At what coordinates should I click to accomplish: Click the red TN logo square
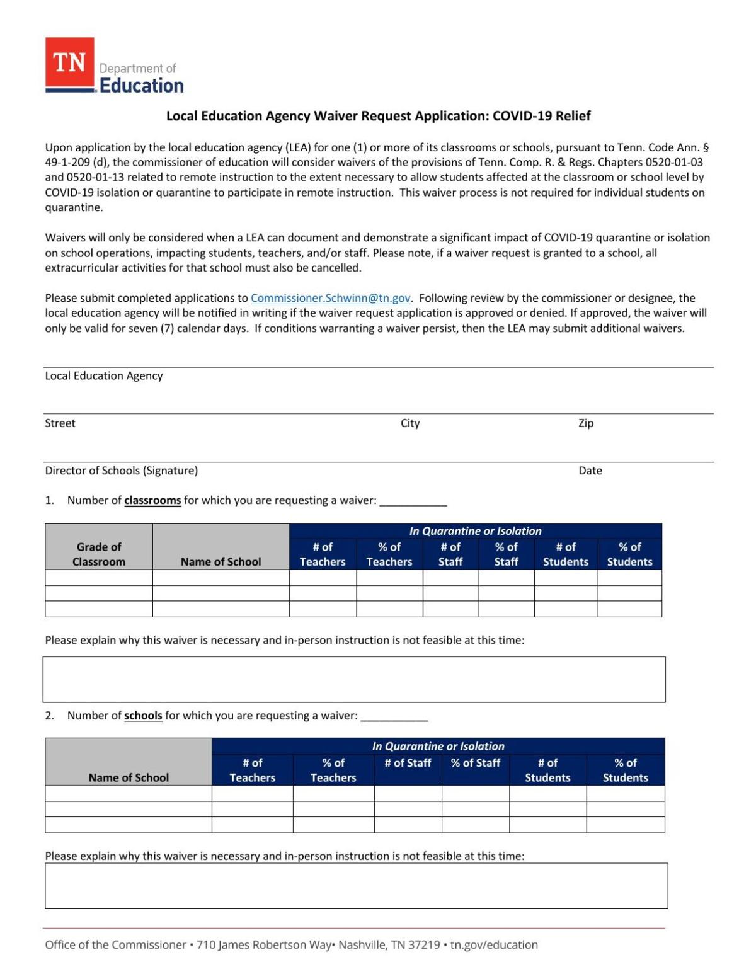[x=69, y=62]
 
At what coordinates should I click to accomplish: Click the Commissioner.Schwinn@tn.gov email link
[x=330, y=298]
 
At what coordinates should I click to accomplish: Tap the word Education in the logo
[x=142, y=86]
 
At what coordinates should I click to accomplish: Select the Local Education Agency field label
[x=104, y=376]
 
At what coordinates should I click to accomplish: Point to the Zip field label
[x=586, y=423]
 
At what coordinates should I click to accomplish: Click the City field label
[x=410, y=423]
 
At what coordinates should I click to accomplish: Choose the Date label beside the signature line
[x=590, y=471]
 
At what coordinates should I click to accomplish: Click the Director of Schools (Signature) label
[x=121, y=471]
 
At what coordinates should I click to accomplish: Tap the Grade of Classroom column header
[x=99, y=554]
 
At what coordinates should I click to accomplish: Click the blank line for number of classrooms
[x=413, y=501]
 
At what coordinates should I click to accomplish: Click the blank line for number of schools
[x=394, y=717]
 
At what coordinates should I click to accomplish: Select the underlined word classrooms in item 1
[x=152, y=501]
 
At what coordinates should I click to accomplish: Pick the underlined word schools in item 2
[x=143, y=716]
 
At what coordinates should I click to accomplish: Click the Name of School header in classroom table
[x=220, y=562]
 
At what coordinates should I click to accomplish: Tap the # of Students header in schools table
[x=547, y=770]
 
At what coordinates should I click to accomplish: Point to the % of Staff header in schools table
[x=475, y=763]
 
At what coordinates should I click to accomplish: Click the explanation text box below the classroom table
[x=354, y=680]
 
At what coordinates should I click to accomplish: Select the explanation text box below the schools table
[x=356, y=886]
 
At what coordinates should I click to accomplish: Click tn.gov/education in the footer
[x=494, y=945]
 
